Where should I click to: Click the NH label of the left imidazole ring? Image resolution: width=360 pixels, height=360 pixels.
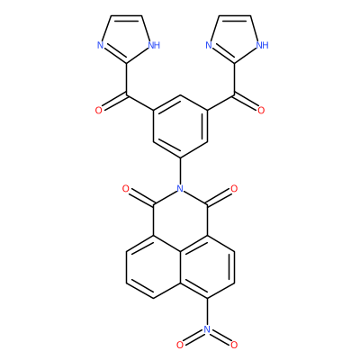click(154, 46)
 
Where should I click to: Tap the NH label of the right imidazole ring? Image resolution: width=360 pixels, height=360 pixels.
click(263, 46)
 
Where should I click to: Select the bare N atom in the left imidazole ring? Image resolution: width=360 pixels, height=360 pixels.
click(100, 46)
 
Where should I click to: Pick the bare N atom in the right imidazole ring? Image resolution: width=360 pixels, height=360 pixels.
click(209, 46)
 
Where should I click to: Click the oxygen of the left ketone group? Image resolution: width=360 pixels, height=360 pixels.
click(99, 111)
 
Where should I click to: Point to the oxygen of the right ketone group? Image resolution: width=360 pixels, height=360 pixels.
click(261, 111)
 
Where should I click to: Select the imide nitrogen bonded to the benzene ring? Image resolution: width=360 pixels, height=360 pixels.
click(180, 188)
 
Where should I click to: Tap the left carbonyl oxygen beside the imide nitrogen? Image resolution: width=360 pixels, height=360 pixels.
click(126, 189)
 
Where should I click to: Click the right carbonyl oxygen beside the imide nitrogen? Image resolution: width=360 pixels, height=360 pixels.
click(234, 189)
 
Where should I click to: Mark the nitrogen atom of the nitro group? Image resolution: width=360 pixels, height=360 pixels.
click(207, 329)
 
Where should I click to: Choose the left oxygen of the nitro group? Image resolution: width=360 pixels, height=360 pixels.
click(180, 345)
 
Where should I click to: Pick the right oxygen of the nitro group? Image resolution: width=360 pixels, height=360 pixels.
click(234, 345)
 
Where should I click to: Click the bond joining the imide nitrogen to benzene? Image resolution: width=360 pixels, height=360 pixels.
click(180, 170)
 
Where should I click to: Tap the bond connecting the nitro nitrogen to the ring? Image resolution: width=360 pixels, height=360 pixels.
click(207, 311)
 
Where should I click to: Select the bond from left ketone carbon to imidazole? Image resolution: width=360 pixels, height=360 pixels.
click(126, 79)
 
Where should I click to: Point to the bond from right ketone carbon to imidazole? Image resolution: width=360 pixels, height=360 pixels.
click(234, 79)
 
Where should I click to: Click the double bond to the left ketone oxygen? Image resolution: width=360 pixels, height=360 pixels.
click(114, 102)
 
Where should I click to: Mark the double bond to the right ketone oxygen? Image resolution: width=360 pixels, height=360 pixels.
click(246, 102)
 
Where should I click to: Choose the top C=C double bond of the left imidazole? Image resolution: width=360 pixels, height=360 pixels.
click(126, 16)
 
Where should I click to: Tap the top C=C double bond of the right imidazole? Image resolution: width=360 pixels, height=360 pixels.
click(235, 16)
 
